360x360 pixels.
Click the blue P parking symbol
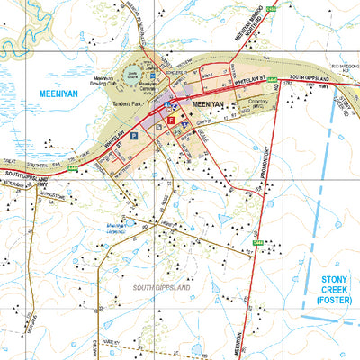click(134, 135)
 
